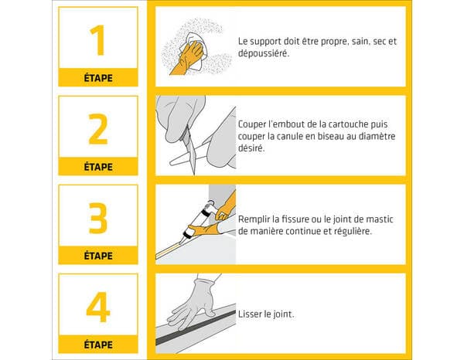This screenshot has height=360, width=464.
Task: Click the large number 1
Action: [x=97, y=40]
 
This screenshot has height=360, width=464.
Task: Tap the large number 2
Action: [x=97, y=130]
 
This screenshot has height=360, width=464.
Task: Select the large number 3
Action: [x=97, y=219]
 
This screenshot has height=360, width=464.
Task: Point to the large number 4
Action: [x=97, y=307]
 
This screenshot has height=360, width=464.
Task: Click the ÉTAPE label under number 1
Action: [x=97, y=78]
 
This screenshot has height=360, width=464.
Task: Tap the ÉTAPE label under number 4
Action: [x=97, y=345]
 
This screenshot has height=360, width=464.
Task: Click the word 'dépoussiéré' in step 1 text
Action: [x=263, y=53]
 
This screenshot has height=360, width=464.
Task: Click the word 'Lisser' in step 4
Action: [x=251, y=314]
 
